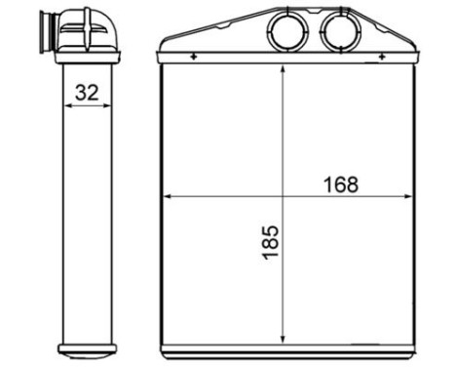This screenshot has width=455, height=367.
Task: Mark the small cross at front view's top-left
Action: pyautogui.click(x=194, y=58)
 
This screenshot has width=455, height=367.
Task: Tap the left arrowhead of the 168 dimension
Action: pyautogui.click(x=166, y=196)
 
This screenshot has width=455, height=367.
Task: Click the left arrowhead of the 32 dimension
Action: pyautogui.click(x=65, y=107)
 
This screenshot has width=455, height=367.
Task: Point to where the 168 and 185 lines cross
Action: pyautogui.click(x=282, y=196)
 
